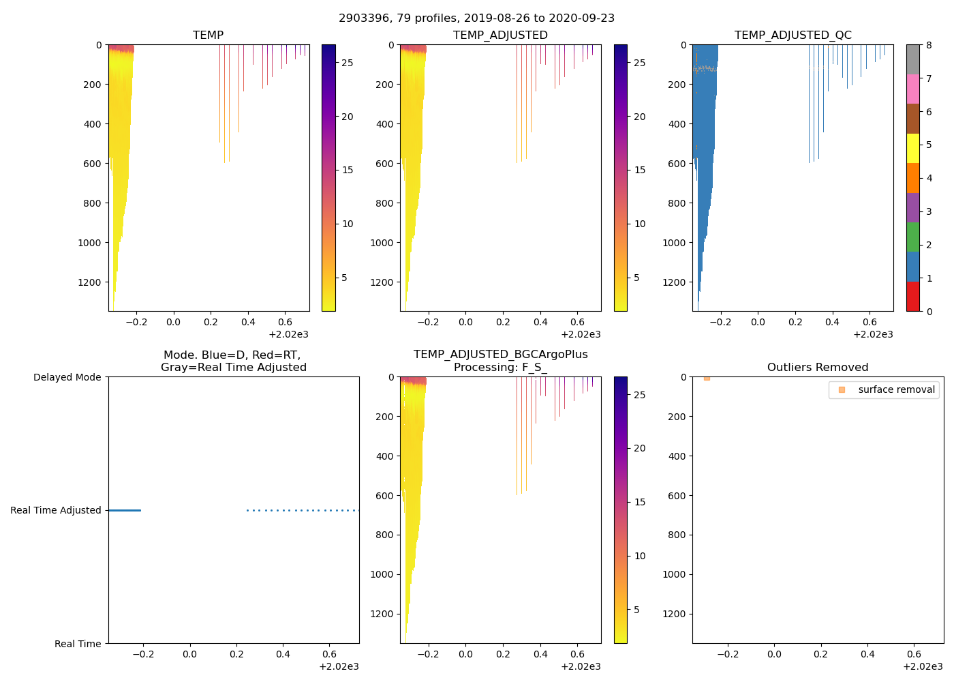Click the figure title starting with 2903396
click(476, 18)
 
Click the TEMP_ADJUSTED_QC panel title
click(793, 35)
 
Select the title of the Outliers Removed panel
click(818, 367)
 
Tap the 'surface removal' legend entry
click(896, 389)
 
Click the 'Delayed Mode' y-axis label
click(67, 377)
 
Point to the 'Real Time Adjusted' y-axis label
click(55, 510)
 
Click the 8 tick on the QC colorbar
click(929, 45)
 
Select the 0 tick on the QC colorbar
click(929, 311)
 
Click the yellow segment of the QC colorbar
click(913, 148)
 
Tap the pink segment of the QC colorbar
click(913, 89)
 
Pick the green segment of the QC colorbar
click(913, 237)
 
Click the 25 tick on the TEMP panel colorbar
click(347, 63)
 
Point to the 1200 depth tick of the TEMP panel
click(89, 282)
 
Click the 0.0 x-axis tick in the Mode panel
click(189, 654)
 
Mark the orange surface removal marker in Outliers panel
click(707, 378)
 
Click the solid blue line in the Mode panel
click(125, 510)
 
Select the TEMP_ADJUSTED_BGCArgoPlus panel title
click(500, 360)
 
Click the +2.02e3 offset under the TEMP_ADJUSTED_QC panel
click(873, 334)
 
